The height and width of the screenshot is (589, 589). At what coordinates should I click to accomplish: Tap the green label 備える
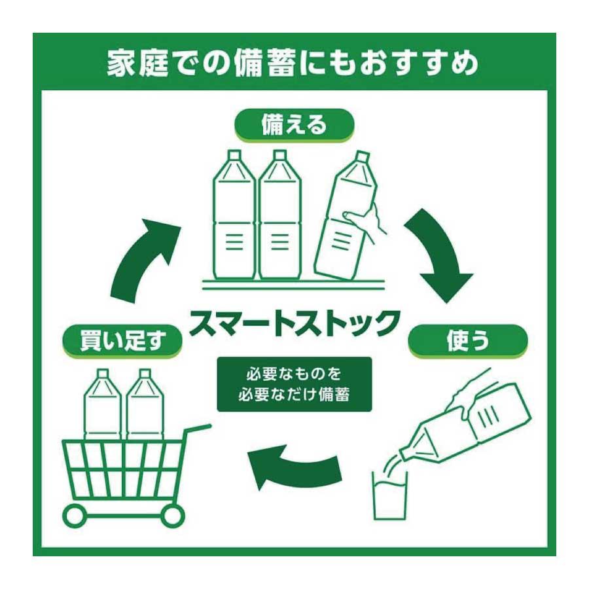pos(294,125)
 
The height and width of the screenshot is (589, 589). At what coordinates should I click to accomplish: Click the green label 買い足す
pos(121,342)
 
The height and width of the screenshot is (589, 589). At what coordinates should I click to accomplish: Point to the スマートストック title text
pos(294,322)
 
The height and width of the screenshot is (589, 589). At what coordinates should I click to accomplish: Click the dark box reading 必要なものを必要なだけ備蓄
pos(294,384)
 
